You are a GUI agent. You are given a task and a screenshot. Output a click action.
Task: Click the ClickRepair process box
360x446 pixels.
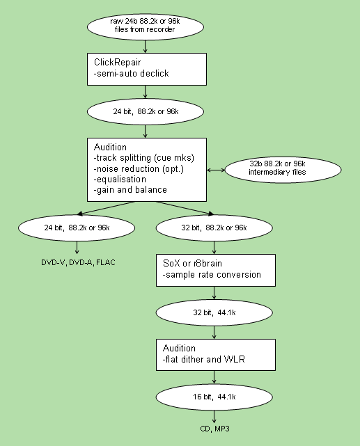[147, 69]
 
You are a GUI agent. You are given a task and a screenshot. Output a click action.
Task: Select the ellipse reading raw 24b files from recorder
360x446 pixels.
[146, 27]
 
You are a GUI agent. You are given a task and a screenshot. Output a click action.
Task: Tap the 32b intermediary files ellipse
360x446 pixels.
[283, 170]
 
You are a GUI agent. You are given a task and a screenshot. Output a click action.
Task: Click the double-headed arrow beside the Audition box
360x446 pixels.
[216, 170]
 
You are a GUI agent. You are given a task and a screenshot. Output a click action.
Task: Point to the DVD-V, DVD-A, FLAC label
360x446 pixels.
[78, 262]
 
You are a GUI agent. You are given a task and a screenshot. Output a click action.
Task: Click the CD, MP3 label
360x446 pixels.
[214, 429]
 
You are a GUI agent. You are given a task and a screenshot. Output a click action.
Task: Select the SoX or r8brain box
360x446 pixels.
[216, 270]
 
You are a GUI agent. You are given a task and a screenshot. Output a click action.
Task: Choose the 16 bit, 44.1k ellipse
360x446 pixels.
[214, 397]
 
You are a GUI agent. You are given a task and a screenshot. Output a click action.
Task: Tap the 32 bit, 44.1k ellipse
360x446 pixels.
[214, 312]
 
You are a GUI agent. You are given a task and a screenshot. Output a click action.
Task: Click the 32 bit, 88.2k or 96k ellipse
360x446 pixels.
[214, 228]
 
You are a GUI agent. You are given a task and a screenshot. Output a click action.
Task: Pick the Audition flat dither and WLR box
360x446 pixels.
[216, 355]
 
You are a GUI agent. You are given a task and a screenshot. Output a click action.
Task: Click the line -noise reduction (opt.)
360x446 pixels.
[139, 169]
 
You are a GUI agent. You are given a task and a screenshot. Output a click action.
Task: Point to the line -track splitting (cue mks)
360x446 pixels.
[144, 158]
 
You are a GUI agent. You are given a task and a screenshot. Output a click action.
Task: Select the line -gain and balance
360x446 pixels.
[130, 190]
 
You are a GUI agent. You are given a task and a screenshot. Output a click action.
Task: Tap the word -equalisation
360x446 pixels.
[120, 180]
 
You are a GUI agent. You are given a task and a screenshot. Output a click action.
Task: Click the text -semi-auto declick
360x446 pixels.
[131, 74]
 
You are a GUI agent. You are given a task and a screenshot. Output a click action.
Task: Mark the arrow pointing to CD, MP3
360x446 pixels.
[214, 417]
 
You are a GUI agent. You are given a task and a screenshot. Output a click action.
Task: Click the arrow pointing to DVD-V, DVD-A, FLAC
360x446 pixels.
[77, 248]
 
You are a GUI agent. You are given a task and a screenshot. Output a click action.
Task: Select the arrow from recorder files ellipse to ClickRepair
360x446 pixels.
[146, 47]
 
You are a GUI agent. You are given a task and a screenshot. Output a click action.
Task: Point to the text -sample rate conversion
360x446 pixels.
[212, 275]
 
